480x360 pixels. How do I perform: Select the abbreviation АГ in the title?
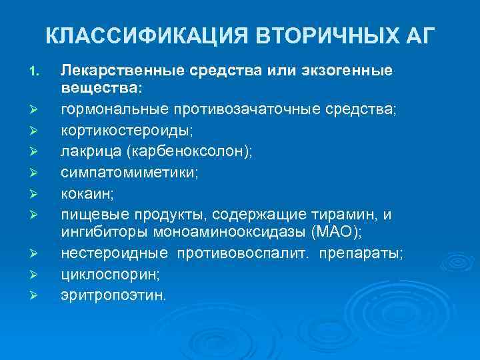coord(419,35)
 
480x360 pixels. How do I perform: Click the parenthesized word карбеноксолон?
coord(185,151)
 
